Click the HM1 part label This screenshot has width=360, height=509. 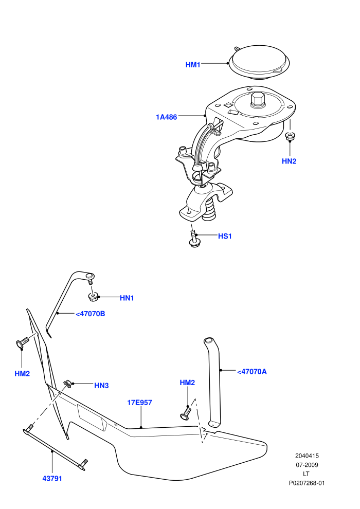pos(193,65)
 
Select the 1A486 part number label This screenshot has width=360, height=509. pos(167,117)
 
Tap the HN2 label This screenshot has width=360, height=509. pos(289,161)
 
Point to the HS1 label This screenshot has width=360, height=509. pos(225,237)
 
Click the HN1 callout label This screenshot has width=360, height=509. pos(127,298)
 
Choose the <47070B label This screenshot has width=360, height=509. pos(90,314)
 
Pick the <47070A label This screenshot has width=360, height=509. pos(251,372)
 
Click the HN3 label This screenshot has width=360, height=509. pos(101,386)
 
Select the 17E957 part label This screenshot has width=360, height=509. pos(139,403)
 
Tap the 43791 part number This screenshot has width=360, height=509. pos(52,479)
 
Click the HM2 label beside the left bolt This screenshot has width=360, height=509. pos(22,374)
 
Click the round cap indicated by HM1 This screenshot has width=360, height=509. pos(259,62)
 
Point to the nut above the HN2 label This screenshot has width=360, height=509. pos(290,136)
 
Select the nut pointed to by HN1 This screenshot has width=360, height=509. pos(93,296)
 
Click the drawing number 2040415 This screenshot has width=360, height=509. pos(307,456)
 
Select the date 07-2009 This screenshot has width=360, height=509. pos(307,465)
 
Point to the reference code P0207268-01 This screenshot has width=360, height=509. pos(307,483)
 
